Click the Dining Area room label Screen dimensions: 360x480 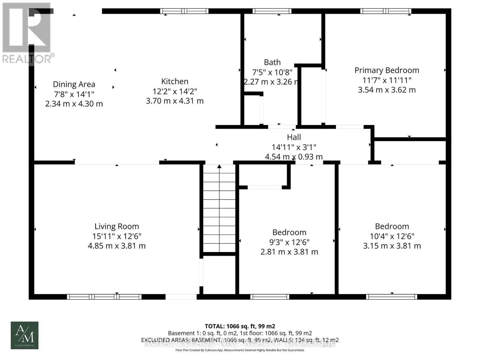(x=74, y=84)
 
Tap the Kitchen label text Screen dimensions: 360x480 (x=175, y=81)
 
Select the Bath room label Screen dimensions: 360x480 (x=272, y=62)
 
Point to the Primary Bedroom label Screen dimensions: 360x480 (x=387, y=70)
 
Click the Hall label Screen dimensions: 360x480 (x=294, y=137)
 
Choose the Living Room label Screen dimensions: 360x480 (x=117, y=226)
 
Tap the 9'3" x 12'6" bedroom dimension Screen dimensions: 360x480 (x=289, y=242)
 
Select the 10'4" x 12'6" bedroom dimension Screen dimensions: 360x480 (x=392, y=236)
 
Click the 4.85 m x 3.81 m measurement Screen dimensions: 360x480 (x=117, y=246)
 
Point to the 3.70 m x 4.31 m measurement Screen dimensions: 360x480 (x=175, y=101)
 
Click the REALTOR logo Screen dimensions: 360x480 (x=27, y=33)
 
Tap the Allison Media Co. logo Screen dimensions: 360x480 (x=25, y=335)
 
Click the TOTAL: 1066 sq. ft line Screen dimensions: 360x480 (x=240, y=326)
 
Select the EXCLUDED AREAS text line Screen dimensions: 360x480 (x=240, y=340)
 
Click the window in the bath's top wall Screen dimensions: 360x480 (x=272, y=11)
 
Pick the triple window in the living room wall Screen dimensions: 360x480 (x=104, y=297)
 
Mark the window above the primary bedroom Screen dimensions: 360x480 (x=385, y=11)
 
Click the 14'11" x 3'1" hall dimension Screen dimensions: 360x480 (x=294, y=147)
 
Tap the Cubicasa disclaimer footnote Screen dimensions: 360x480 (x=240, y=350)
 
